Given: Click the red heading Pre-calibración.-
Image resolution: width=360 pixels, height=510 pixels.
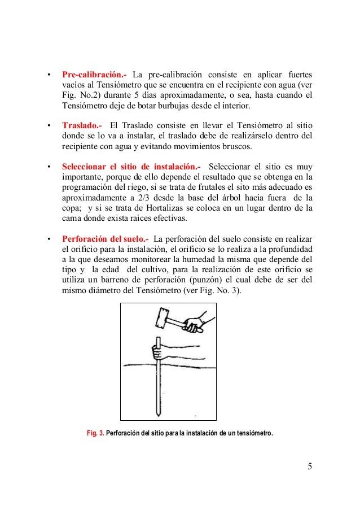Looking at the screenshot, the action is (94, 75).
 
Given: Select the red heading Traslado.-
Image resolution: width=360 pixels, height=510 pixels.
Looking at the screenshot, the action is (82, 125).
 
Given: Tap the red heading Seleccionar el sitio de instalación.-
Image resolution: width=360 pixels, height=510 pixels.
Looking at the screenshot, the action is (131, 167).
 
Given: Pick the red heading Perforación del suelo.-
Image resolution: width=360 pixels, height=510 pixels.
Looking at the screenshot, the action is (106, 239).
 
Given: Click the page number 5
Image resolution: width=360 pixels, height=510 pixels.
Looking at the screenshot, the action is (310, 467).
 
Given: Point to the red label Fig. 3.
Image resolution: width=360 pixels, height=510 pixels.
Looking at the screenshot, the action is (95, 433).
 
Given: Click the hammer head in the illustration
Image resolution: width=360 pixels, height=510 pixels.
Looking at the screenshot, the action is (163, 317).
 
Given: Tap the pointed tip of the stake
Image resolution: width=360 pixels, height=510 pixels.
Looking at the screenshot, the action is (158, 416).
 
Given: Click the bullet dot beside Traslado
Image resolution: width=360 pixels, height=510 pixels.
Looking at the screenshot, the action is (49, 126).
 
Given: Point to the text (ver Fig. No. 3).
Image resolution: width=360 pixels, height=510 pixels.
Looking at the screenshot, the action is (212, 290).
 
